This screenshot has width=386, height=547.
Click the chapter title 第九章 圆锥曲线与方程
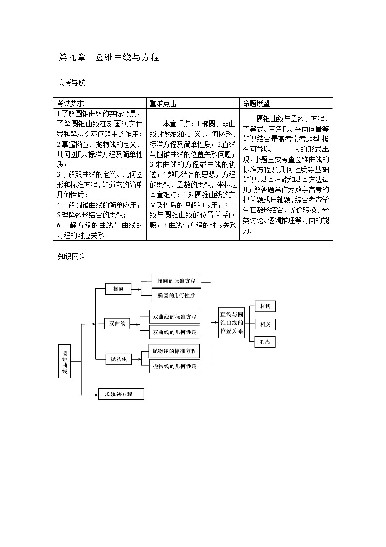coord(108,57)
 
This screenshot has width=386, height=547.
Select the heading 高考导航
coord(71,82)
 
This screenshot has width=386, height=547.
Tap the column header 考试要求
coord(70,103)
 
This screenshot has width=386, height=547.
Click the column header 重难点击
coord(163,103)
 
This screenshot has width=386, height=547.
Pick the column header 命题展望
coord(256,103)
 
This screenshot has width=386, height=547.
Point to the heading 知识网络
coord(71,256)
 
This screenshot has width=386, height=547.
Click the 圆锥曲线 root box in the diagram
coord(65,361)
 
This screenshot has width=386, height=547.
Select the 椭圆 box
coord(119,289)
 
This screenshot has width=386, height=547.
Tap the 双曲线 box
coord(118,323)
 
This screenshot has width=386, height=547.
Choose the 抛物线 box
coord(119,359)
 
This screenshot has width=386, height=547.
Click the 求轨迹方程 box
coord(122,394)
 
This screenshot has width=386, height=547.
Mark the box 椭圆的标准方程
coord(176,281)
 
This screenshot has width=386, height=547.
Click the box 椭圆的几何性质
coord(176,295)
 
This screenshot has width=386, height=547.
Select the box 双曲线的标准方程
coord(175,317)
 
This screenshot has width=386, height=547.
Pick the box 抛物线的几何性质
coord(175,366)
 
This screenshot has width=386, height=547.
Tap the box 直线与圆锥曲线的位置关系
coord(231,322)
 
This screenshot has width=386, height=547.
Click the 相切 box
coord(265,306)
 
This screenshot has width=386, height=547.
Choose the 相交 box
coord(265,324)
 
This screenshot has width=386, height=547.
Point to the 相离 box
coord(265,342)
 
